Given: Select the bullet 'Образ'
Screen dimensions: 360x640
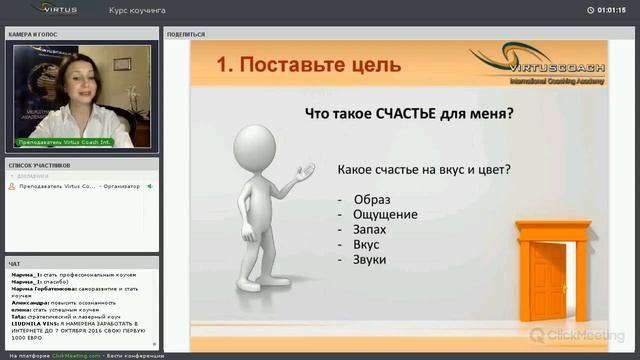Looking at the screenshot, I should click(371, 199).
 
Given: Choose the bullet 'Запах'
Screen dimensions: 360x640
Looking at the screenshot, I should click(369, 229).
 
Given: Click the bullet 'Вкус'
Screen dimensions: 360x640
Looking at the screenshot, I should click(366, 244).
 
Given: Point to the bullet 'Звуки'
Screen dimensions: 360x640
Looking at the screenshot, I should click(369, 259).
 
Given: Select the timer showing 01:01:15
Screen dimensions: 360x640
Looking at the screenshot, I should click(611, 10).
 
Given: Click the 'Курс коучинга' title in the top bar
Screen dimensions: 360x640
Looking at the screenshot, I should click(137, 10).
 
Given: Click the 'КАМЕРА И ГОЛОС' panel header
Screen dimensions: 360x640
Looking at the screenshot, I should click(33, 34).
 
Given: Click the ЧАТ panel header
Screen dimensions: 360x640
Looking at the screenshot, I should click(14, 264).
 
